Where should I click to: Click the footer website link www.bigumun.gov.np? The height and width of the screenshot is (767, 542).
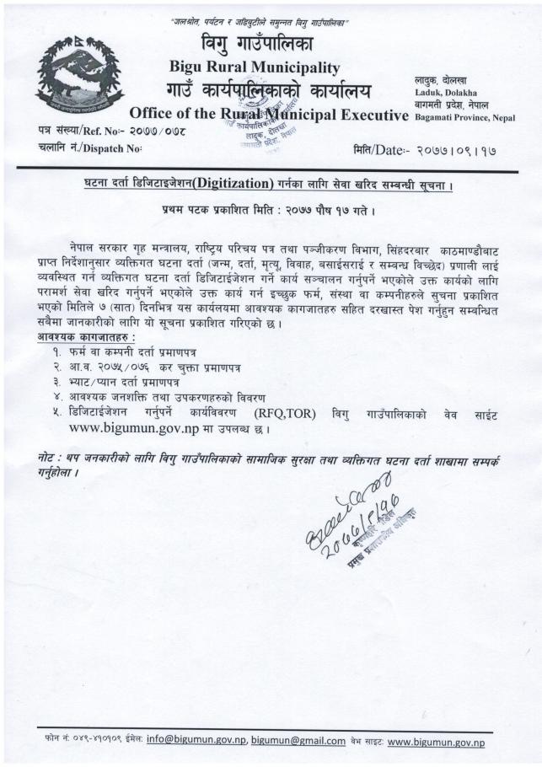(x=436, y=742)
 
